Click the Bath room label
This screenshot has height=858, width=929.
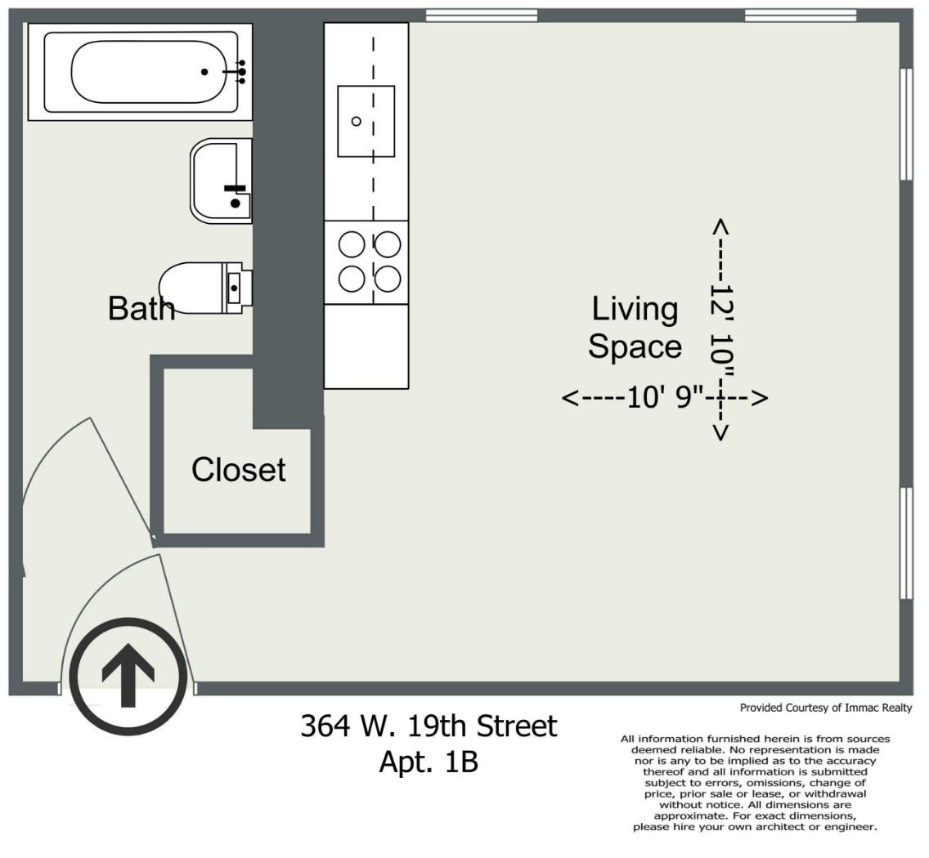coord(141,308)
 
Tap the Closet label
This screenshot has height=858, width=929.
coord(238,470)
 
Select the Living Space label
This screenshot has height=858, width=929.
coord(635,328)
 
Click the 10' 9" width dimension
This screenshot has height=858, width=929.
coord(665,397)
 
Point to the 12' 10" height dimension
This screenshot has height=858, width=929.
coord(721,330)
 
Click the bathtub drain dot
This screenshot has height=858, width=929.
coord(204,72)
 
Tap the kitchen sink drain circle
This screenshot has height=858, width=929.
coord(356,122)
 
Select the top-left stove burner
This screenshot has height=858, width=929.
coord(352,244)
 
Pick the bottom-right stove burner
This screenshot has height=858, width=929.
coord(388,279)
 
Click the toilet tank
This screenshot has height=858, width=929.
coord(237,288)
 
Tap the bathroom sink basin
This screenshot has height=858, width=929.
coord(222,181)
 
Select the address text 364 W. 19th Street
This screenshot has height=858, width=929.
coord(429,726)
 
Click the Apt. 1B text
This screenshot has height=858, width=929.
coord(429,762)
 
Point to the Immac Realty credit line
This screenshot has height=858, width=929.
coord(826,708)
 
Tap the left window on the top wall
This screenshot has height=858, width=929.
coord(482,16)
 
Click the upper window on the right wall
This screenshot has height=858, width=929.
coord(906,123)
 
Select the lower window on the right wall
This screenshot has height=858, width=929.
coord(906,543)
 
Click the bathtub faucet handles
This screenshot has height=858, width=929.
coord(241,72)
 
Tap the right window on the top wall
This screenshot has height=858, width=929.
coord(801,16)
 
